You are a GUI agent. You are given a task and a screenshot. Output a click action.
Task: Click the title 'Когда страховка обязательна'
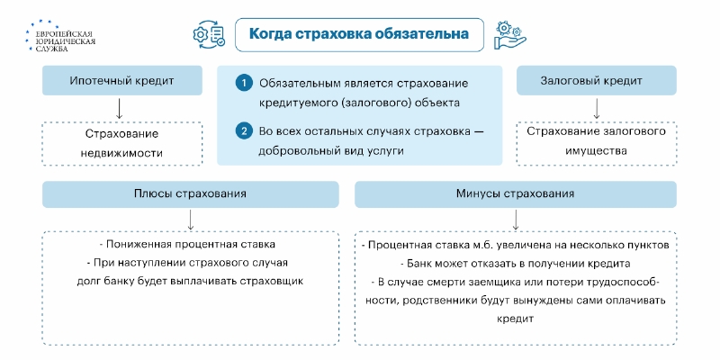(x=359, y=34)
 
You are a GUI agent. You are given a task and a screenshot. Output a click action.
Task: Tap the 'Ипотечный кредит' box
(x=122, y=80)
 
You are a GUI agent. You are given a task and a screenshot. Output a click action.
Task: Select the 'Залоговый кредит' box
(x=597, y=80)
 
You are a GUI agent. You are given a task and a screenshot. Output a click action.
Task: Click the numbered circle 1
(x=244, y=84)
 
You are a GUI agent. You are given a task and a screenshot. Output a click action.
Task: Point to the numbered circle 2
(x=244, y=131)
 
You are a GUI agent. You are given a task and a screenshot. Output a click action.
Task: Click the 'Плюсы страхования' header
(x=191, y=193)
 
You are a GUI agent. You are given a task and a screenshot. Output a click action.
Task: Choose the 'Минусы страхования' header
(x=515, y=193)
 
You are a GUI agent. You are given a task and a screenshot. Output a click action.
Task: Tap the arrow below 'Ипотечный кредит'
(x=120, y=108)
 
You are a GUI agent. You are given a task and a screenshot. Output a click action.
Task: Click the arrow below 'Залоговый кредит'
(x=597, y=108)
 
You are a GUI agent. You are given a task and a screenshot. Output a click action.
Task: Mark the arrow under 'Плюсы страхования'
(x=191, y=220)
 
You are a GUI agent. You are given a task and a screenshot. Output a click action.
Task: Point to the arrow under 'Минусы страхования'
(x=515, y=220)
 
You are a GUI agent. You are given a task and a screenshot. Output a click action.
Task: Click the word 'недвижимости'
(x=121, y=153)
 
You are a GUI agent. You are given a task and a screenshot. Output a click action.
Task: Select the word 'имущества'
(x=597, y=151)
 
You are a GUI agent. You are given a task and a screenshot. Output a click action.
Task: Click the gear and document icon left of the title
(x=210, y=33)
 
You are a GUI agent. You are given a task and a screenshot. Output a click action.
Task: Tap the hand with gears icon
(x=509, y=35)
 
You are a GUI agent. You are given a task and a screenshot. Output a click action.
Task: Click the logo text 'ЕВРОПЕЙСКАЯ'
(x=64, y=34)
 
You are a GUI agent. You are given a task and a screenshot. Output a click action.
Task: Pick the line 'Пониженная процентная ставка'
(x=191, y=244)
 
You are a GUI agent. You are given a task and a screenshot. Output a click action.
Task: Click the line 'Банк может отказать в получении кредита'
(x=515, y=264)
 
